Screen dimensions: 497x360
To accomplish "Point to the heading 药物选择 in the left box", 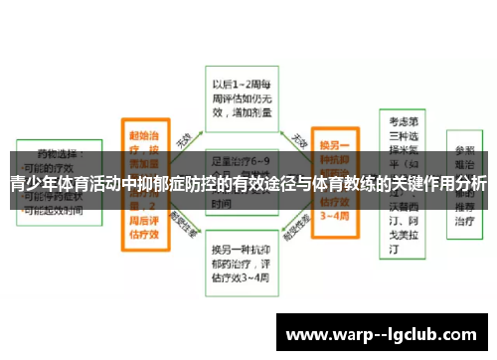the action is pos(60,155).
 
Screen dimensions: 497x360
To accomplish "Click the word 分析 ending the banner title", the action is pos(471,184).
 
